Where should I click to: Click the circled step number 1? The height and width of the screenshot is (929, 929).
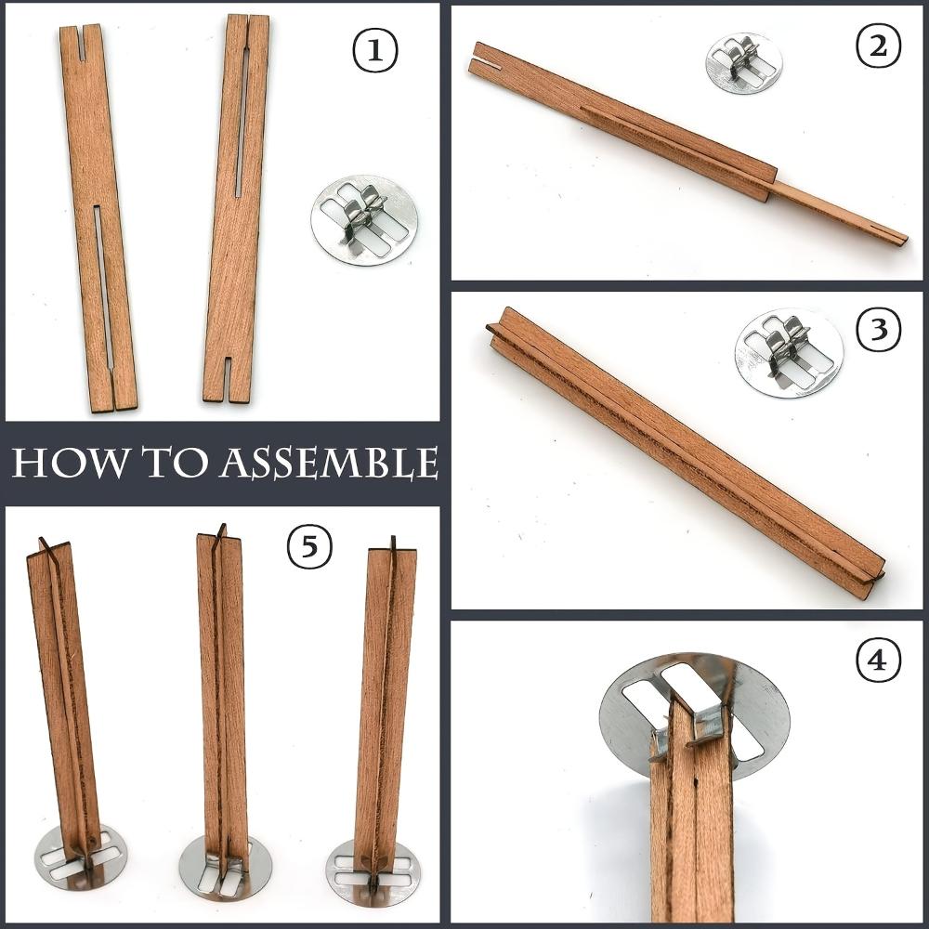point(374,52)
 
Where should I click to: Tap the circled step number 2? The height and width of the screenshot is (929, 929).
point(877,49)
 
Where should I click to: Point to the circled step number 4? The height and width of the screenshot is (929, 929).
point(877,661)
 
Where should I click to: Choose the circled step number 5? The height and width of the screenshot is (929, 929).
point(309,549)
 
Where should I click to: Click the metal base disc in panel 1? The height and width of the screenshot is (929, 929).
point(364,220)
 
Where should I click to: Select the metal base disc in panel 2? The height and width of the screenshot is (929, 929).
point(743,63)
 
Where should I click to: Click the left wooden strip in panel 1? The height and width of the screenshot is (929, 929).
point(98,218)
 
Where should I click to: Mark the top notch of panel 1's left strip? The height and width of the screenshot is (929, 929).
point(80,44)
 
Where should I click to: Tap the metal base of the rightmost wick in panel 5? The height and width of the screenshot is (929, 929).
point(373,872)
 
